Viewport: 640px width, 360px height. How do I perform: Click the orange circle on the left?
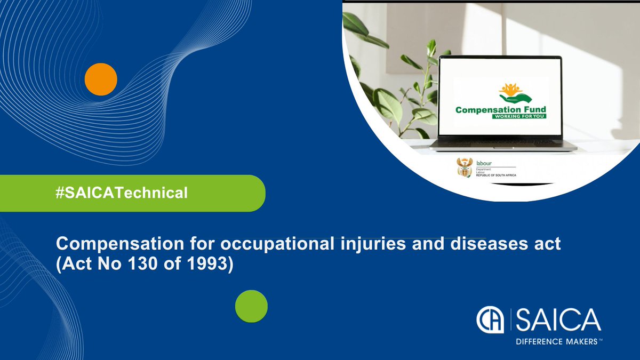click(x=101, y=79)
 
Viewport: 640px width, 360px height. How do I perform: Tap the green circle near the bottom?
click(x=251, y=307)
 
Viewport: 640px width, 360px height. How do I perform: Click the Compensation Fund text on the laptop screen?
click(x=500, y=110)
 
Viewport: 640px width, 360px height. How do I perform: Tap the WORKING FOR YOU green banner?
click(x=519, y=116)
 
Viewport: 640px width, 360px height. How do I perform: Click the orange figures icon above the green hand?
click(x=511, y=88)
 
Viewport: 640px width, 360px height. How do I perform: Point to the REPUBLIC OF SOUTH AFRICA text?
click(x=495, y=175)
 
